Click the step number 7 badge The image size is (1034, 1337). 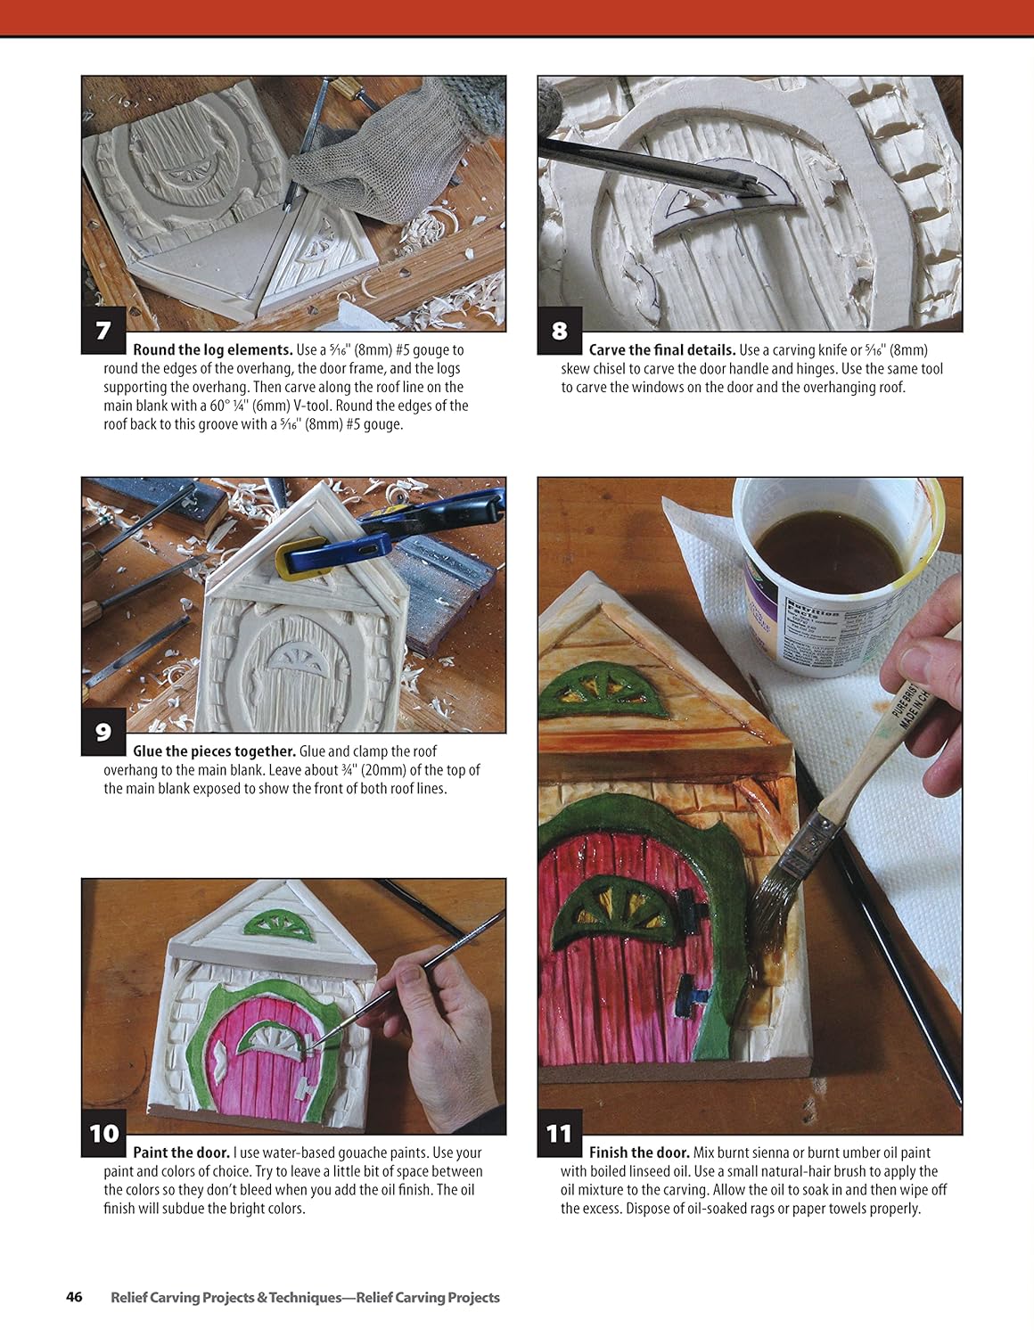click(x=103, y=331)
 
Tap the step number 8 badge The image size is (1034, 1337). click(x=559, y=331)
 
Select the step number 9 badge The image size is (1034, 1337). click(x=103, y=732)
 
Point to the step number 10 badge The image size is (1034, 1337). click(x=103, y=1133)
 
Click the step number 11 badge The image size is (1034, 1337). click(x=559, y=1133)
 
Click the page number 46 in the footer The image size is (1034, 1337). click(x=74, y=1297)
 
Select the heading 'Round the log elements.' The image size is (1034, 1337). click(x=212, y=350)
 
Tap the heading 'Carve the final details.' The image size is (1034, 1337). click(x=661, y=350)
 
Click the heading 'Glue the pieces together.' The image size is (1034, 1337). click(x=214, y=751)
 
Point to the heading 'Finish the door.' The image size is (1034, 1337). click(x=638, y=1152)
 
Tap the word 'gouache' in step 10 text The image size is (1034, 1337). click(x=392, y=1152)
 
